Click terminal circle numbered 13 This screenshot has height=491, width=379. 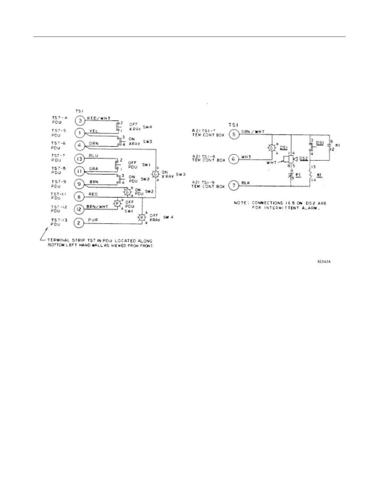point(79,159)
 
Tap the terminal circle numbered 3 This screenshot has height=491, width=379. point(79,121)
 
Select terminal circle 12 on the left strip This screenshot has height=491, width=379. point(79,210)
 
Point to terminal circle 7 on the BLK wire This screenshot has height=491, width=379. point(233,186)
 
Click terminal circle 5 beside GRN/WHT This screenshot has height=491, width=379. point(233,134)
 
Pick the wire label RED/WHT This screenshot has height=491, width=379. point(98,118)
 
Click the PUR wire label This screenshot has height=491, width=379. point(93,220)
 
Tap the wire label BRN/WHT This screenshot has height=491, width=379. point(97,207)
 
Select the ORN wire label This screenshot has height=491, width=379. point(94,144)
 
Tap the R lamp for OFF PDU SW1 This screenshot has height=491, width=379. point(117,203)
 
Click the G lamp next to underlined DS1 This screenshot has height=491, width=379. point(272,148)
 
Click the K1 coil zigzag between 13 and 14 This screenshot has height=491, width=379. point(310,175)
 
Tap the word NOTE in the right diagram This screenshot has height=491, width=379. point(240,203)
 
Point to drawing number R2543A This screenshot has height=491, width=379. point(324,262)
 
